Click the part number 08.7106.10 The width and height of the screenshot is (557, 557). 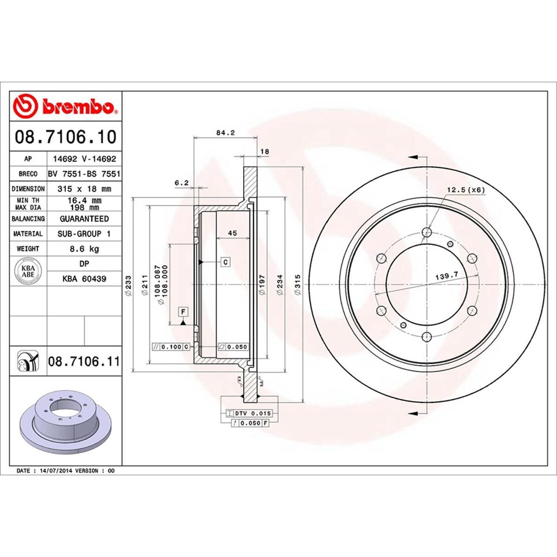(x=65, y=137)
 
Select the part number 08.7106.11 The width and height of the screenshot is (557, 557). (x=84, y=361)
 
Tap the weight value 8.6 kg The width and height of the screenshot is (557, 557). (x=84, y=249)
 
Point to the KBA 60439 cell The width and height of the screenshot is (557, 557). (x=84, y=279)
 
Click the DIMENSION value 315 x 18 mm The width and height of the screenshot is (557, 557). (x=84, y=189)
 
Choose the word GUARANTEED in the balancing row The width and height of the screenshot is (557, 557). (x=84, y=219)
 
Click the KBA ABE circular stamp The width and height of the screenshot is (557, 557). (x=28, y=271)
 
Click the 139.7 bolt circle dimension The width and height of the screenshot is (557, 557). (x=447, y=276)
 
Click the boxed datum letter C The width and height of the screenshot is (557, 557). (x=225, y=262)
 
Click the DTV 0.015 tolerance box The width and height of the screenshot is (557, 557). (x=249, y=413)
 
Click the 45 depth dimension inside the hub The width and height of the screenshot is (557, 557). (x=233, y=233)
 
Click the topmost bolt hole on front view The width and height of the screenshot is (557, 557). (x=427, y=232)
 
